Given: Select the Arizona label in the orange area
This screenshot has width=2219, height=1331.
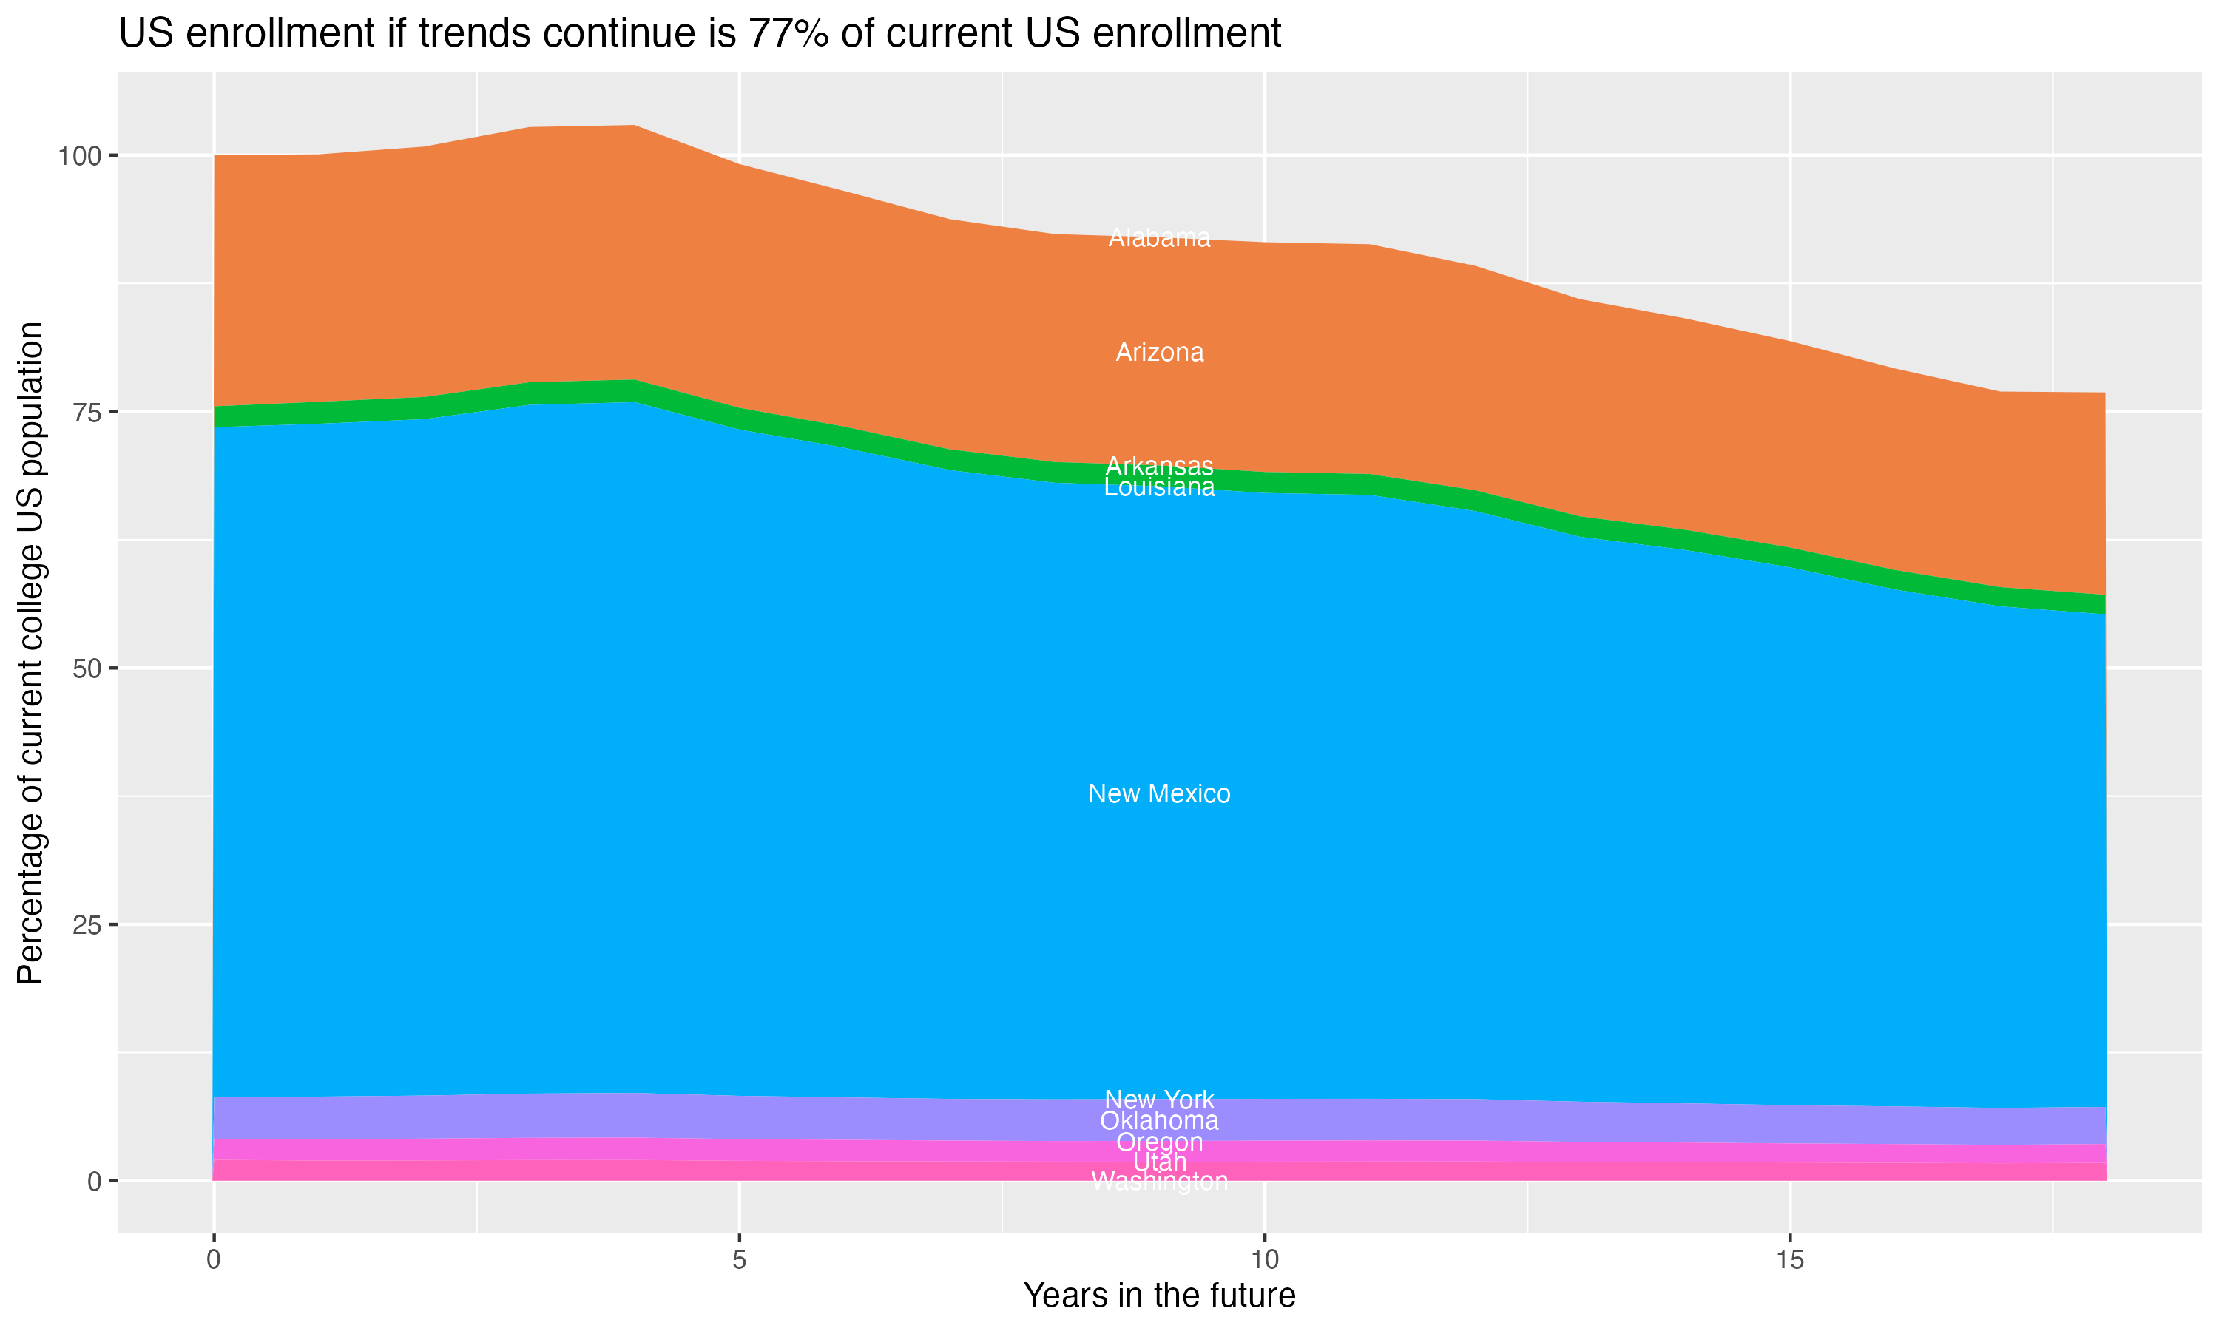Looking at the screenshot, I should pos(1159,353).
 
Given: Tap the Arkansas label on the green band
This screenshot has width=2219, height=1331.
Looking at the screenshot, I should pos(1159,466).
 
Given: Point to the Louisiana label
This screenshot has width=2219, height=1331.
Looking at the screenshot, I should pos(1159,487).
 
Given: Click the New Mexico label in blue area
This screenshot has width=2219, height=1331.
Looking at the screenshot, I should pos(1159,793).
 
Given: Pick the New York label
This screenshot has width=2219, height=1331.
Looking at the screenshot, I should pos(1159,1099).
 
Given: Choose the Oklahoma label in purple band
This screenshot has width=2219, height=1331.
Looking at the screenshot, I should pos(1159,1120).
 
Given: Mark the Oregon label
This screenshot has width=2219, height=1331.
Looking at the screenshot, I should pos(1159,1142).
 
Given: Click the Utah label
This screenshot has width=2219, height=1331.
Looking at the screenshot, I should pos(1159,1162).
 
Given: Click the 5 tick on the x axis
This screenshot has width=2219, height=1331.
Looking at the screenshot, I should pos(739,1260).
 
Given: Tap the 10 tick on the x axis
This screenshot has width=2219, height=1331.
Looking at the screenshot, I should pos(1264,1260).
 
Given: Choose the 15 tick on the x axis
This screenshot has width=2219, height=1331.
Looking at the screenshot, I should pos(1789,1260).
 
